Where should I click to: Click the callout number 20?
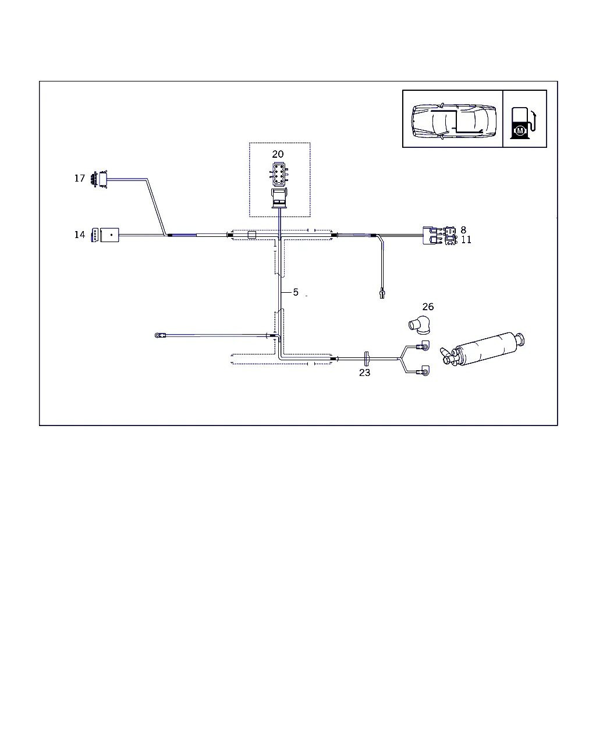[278, 154]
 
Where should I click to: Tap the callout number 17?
[80, 178]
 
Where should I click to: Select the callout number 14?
[80, 235]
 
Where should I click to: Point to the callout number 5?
[296, 292]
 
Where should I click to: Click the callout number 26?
[428, 307]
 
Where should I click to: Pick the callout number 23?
[364, 372]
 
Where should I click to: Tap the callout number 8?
[463, 230]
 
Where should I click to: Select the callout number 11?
[466, 240]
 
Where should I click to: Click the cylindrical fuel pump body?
[483, 349]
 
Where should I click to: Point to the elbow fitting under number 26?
[420, 325]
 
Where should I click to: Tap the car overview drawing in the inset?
[453, 121]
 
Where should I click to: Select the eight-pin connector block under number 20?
[279, 174]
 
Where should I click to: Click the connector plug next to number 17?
[100, 179]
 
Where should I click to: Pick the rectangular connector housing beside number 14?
[109, 235]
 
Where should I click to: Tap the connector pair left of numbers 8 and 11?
[439, 235]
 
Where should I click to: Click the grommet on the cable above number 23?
[367, 359]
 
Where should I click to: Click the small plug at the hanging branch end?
[382, 293]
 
